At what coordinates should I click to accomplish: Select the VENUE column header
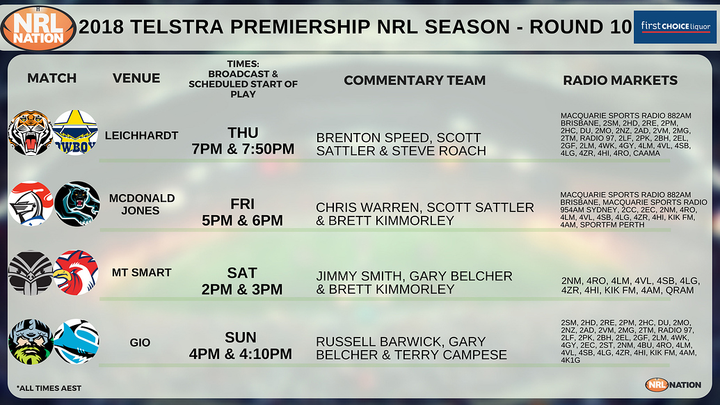click(x=136, y=78)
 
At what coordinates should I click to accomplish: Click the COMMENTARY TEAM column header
click(x=415, y=80)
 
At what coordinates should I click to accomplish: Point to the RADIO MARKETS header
click(x=620, y=80)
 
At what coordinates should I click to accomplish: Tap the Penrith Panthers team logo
click(x=77, y=204)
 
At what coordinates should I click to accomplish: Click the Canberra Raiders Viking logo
click(x=30, y=342)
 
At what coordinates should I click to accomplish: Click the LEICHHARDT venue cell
click(x=141, y=136)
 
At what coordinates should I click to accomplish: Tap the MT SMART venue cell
click(x=141, y=273)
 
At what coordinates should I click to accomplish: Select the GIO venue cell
click(x=141, y=342)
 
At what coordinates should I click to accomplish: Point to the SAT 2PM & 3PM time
click(x=241, y=280)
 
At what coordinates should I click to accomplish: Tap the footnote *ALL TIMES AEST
click(x=49, y=388)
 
